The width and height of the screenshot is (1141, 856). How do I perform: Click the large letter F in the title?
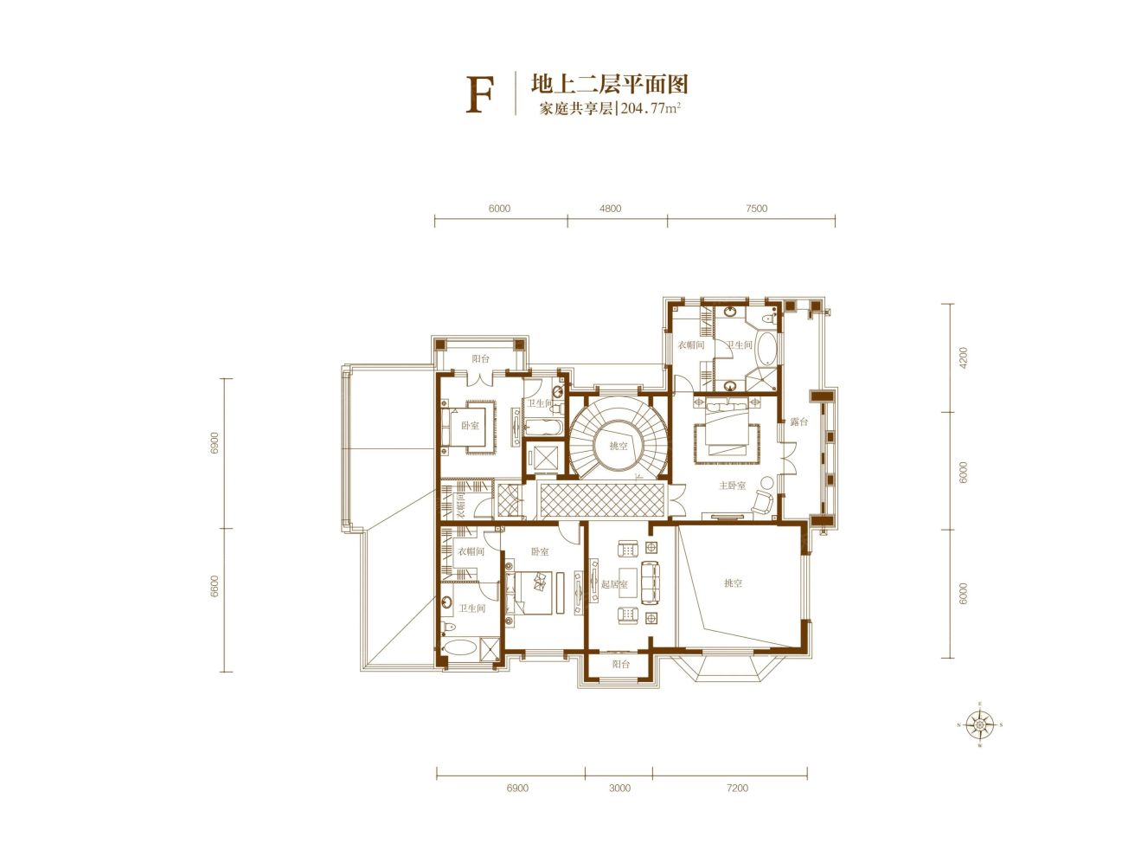pyautogui.click(x=479, y=95)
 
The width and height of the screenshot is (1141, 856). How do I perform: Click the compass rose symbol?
pyautogui.click(x=979, y=724)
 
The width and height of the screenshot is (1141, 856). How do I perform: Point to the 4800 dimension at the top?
pyautogui.click(x=610, y=209)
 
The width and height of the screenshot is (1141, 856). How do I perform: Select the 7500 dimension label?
pyautogui.click(x=756, y=209)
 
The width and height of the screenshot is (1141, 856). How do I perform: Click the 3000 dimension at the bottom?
pyautogui.click(x=619, y=788)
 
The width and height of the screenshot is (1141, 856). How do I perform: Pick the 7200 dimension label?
pyautogui.click(x=737, y=788)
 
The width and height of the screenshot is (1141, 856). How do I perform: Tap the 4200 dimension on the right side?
pyautogui.click(x=964, y=357)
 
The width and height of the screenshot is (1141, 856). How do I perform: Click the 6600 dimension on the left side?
pyautogui.click(x=215, y=586)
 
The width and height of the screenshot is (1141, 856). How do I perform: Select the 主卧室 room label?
pyautogui.click(x=732, y=486)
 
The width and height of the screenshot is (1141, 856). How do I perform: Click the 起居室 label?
pyautogui.click(x=614, y=584)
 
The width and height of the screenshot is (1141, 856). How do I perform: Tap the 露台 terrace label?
pyautogui.click(x=798, y=422)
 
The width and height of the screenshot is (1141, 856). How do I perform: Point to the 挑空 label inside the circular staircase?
pyautogui.click(x=619, y=446)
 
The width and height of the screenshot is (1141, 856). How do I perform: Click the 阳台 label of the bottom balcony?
pyautogui.click(x=620, y=665)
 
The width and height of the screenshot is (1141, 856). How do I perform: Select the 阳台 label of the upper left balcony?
pyautogui.click(x=480, y=358)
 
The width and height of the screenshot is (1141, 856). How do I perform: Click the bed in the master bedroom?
pyautogui.click(x=727, y=428)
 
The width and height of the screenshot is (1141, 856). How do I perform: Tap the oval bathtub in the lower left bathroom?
pyautogui.click(x=458, y=647)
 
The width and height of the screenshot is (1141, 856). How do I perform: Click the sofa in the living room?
pyautogui.click(x=650, y=582)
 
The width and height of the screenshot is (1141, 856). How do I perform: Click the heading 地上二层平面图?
pyautogui.click(x=610, y=84)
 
